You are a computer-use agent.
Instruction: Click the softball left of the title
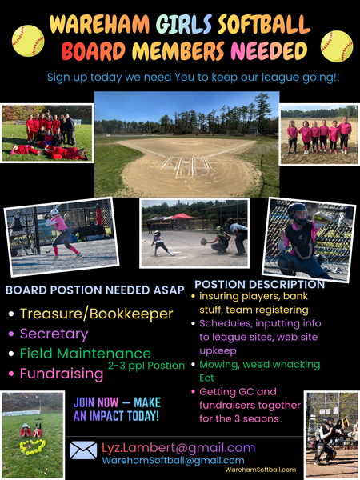pos(28,41)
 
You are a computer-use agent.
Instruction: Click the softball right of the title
pos(337,46)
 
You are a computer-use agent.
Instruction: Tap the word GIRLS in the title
pos(184,24)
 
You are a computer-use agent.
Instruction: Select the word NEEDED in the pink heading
pos(269,50)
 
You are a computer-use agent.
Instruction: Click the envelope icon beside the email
pos(83,450)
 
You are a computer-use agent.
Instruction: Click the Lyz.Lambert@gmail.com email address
pos(178,447)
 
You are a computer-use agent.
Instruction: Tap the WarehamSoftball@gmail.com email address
pos(173,461)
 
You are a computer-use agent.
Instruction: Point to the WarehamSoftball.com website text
pos(261,470)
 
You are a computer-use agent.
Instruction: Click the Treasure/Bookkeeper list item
pos(97,314)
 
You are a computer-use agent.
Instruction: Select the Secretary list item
pos(54,334)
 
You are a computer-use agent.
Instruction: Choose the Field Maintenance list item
pos(86,354)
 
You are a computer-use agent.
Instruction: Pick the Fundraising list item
pos(62,374)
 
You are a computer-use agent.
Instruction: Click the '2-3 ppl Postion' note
pos(146,366)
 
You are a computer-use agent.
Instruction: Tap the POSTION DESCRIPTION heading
pos(259,284)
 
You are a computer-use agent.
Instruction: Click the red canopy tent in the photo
pos(182,216)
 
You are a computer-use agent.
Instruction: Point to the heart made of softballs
pos(33,447)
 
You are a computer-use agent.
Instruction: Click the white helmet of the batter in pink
pos(55,212)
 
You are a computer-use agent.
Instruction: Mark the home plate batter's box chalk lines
pos(186,166)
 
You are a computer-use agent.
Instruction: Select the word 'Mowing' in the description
pos(219,365)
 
